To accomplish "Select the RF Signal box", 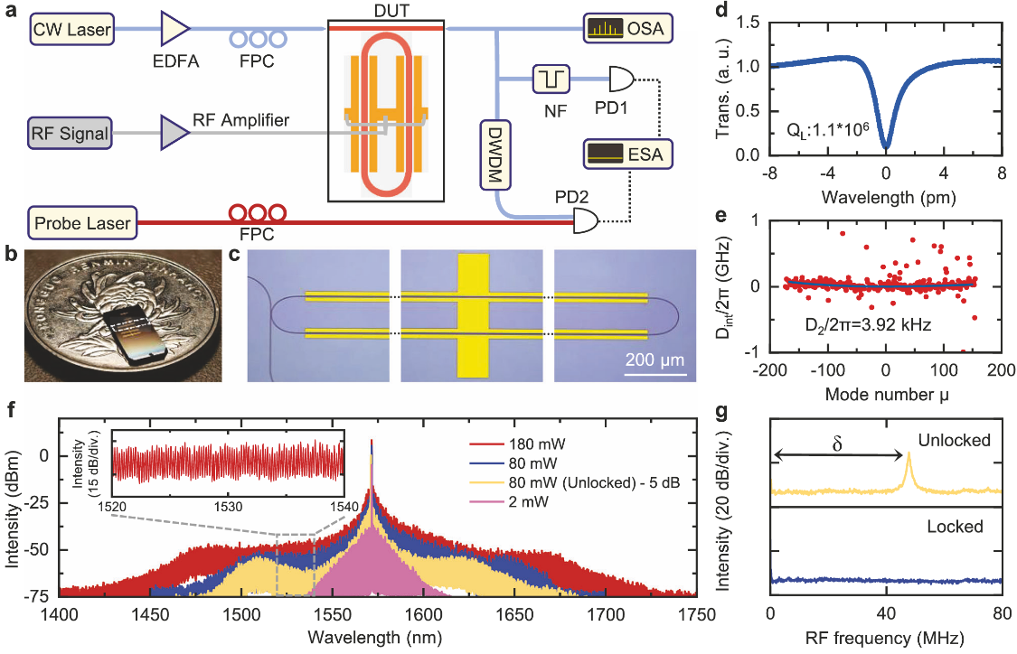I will coord(71,134).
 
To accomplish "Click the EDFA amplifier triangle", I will coord(173,32).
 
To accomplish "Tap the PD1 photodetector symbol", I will coord(622,80).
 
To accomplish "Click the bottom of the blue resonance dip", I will coord(886,145).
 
